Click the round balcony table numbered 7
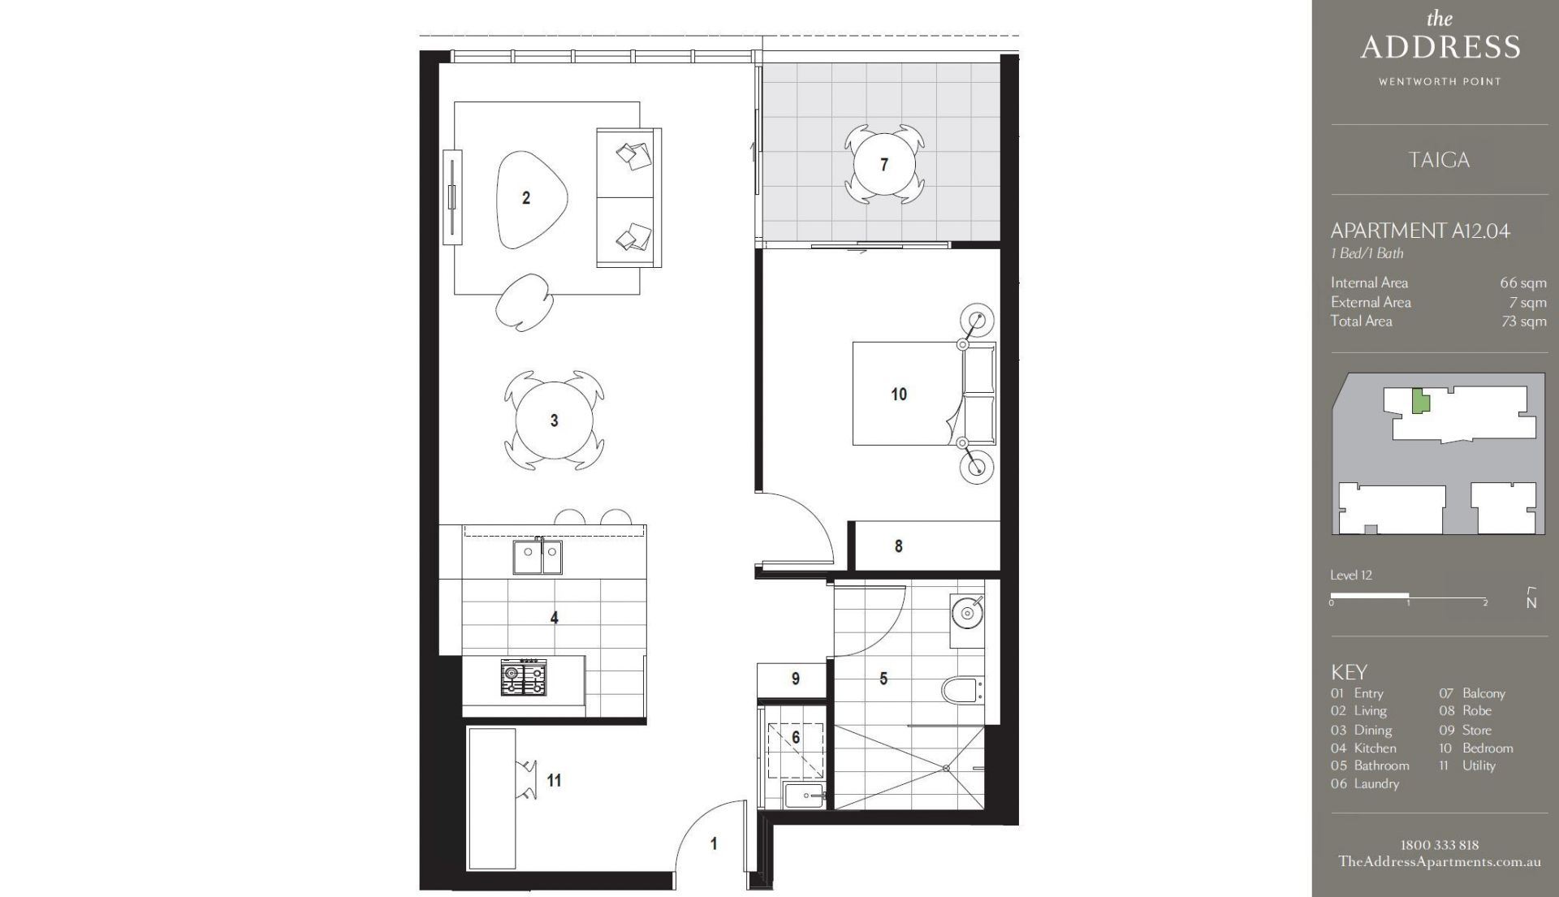point(884,164)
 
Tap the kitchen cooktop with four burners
point(524,677)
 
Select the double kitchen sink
point(537,556)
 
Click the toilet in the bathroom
point(961,691)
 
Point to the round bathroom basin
point(967,613)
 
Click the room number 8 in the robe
point(898,546)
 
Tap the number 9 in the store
point(796,679)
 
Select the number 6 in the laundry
point(796,737)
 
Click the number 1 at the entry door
point(714,844)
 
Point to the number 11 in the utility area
point(554,780)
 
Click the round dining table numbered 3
point(555,420)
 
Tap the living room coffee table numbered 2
point(529,199)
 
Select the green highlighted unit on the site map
point(1419,401)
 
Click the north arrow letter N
point(1531,603)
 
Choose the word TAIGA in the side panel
point(1439,160)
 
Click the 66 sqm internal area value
point(1523,283)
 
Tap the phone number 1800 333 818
point(1440,845)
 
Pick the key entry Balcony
point(1483,693)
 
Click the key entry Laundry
point(1376,783)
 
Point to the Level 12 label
point(1351,576)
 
